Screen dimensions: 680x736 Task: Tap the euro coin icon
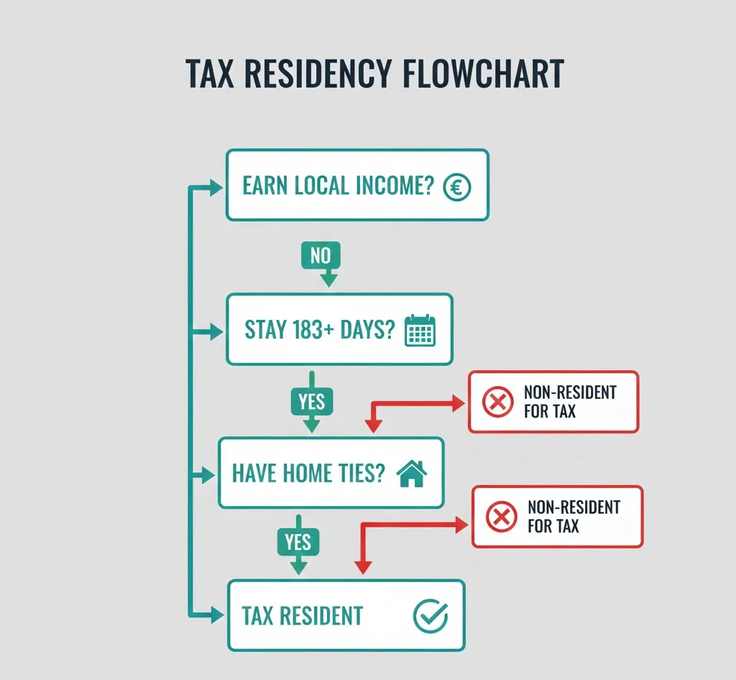click(x=456, y=187)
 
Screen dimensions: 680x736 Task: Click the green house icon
click(x=412, y=474)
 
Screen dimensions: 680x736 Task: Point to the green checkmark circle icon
click(x=430, y=615)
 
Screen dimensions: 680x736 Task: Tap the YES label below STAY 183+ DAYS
click(x=311, y=401)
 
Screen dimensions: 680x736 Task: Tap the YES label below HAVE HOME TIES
click(x=298, y=541)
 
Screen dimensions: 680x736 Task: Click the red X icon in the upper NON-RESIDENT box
click(x=497, y=402)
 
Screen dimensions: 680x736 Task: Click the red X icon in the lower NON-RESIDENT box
click(x=502, y=516)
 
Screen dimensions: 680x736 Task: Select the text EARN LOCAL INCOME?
click(x=338, y=186)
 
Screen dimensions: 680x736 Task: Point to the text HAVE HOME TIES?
click(x=308, y=473)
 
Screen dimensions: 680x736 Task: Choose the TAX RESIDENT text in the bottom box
click(x=302, y=616)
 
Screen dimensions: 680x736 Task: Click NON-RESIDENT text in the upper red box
click(x=570, y=392)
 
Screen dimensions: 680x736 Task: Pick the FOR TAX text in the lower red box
click(x=553, y=526)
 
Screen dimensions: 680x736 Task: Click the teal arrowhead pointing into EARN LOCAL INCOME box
click(x=216, y=188)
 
